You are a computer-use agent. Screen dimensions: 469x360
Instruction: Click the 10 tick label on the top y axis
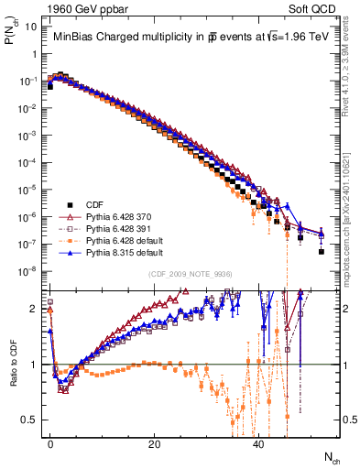[x=31, y=27]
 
